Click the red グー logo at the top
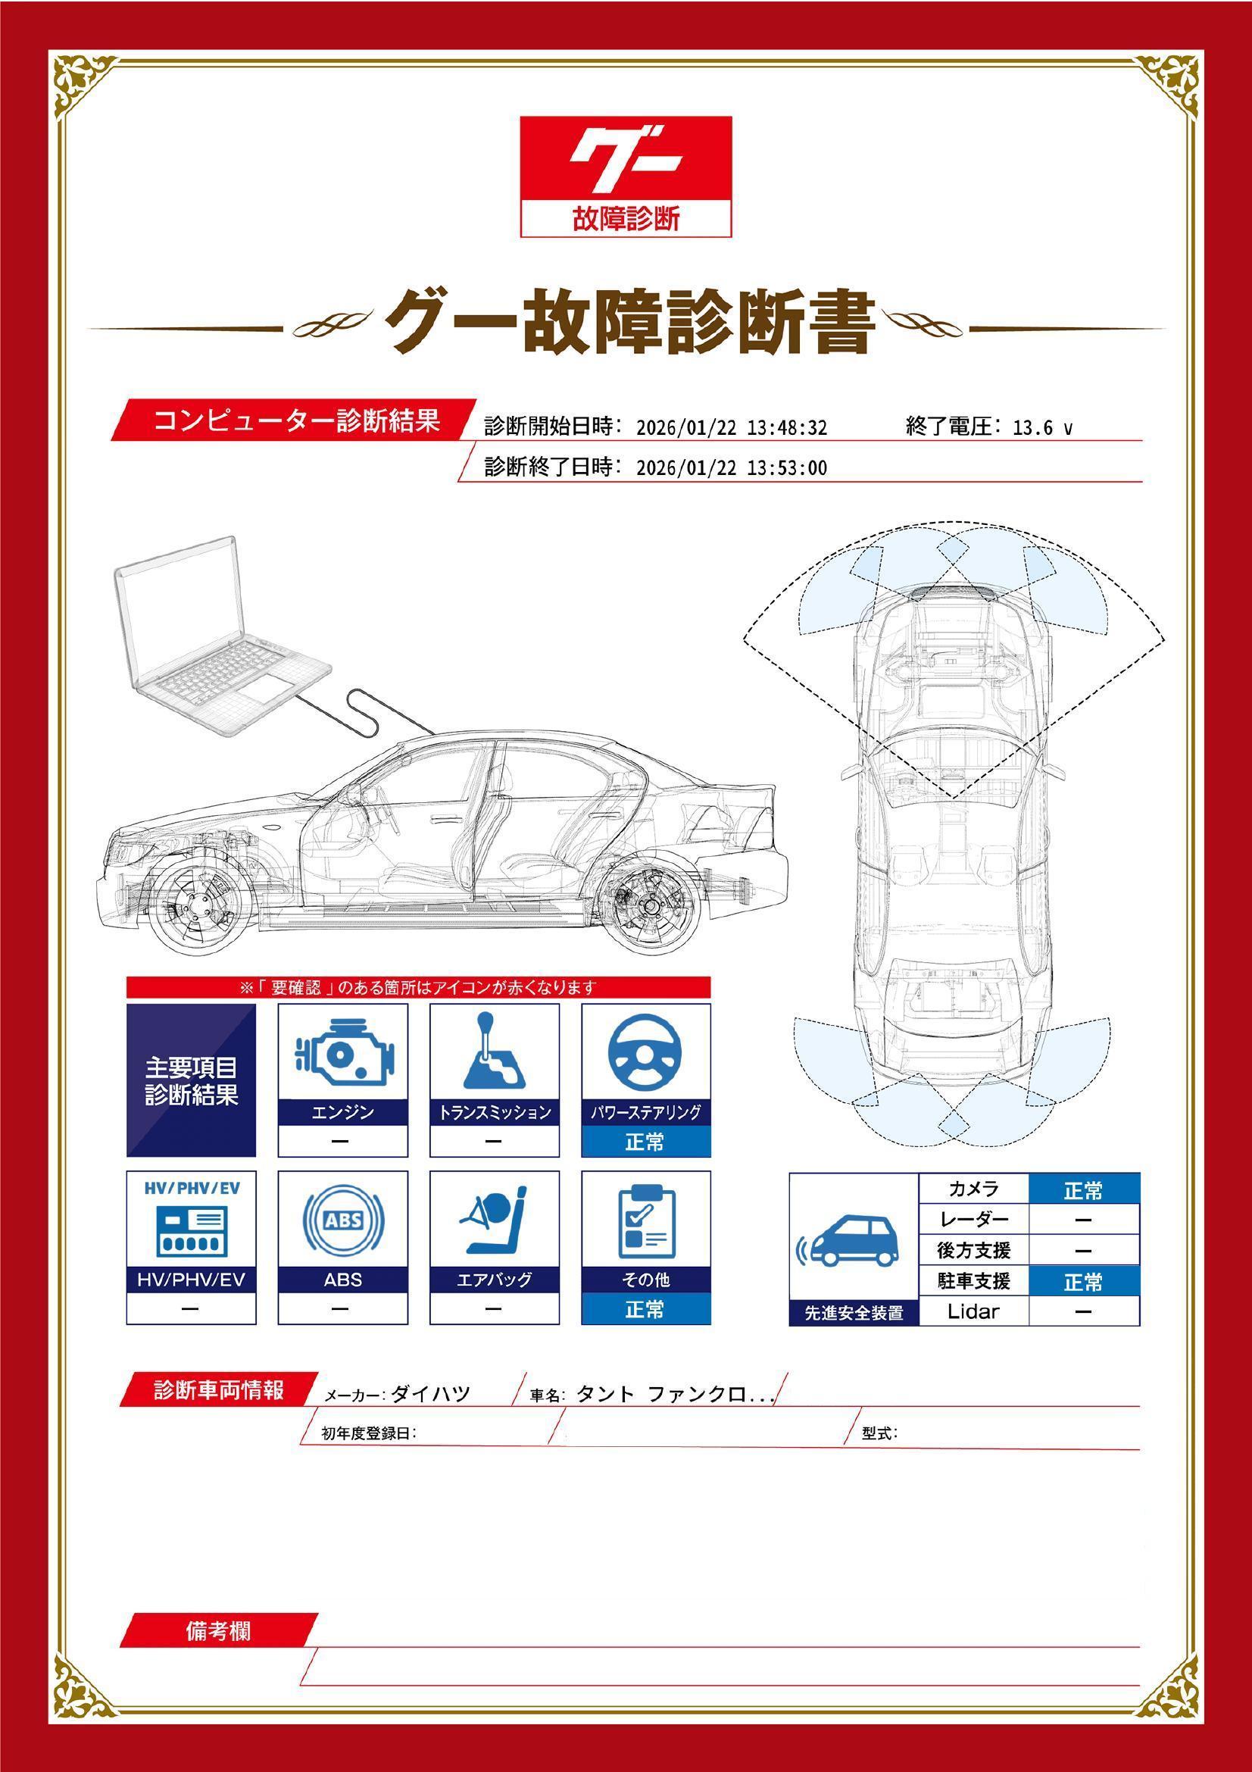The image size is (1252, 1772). click(626, 176)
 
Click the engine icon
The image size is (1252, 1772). click(343, 1052)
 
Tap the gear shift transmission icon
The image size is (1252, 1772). click(495, 1050)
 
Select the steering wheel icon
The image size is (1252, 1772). click(645, 1052)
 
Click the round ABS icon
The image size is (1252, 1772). click(343, 1220)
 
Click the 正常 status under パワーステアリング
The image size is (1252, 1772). click(645, 1142)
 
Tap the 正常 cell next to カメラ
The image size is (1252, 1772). click(1083, 1191)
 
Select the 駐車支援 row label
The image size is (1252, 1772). click(973, 1281)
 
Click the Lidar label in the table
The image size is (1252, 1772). click(973, 1311)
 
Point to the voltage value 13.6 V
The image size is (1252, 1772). click(1042, 427)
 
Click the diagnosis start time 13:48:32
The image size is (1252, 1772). click(787, 427)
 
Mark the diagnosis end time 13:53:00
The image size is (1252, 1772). click(787, 467)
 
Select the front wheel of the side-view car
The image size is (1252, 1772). click(195, 907)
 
